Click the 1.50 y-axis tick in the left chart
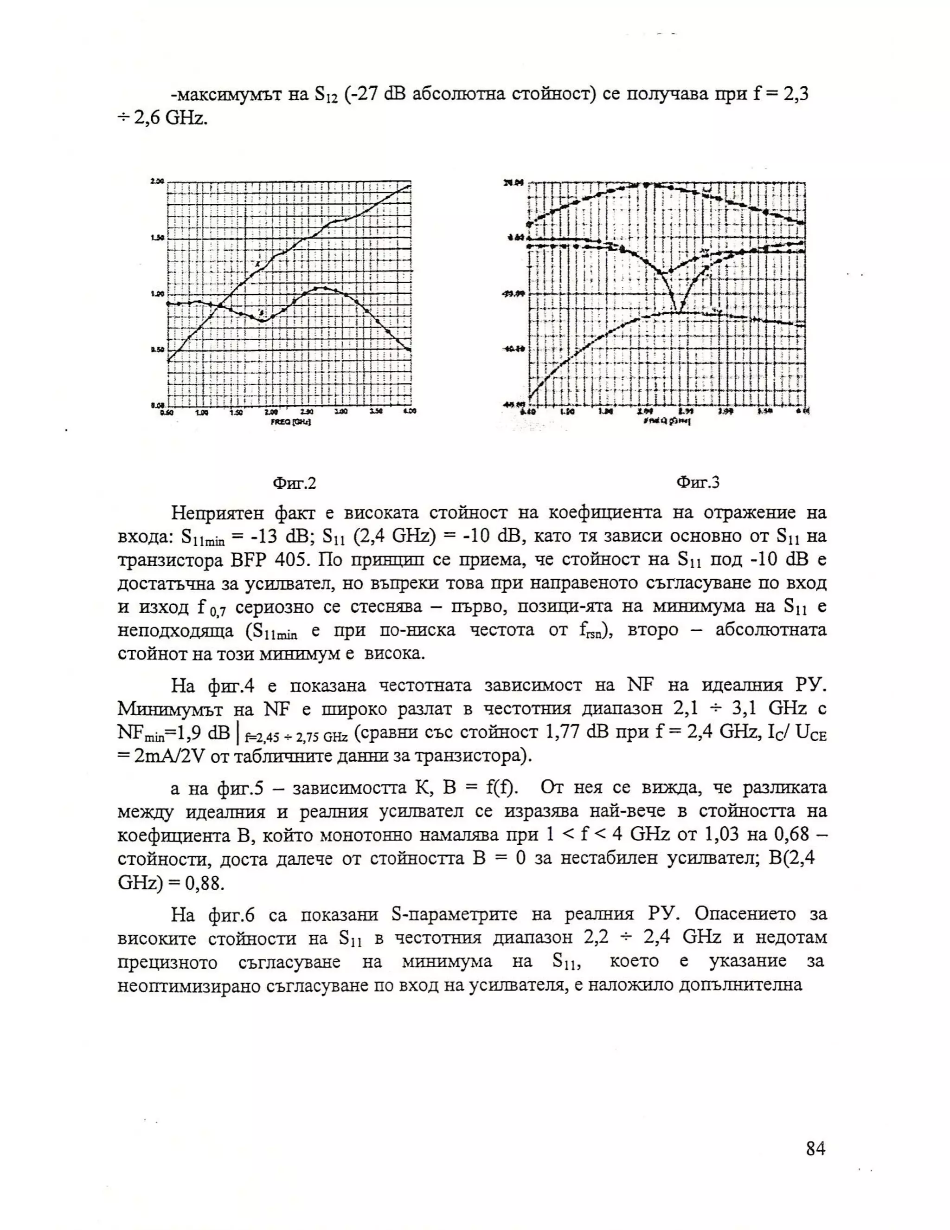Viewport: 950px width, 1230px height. pos(157,238)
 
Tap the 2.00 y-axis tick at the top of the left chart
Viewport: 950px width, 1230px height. pos(157,181)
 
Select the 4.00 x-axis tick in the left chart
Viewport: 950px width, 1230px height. pos(410,412)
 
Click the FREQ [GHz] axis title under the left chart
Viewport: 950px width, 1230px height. pos(290,422)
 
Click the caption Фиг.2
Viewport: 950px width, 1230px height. pos(295,483)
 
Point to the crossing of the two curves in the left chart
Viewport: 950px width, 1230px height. pos(220,306)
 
